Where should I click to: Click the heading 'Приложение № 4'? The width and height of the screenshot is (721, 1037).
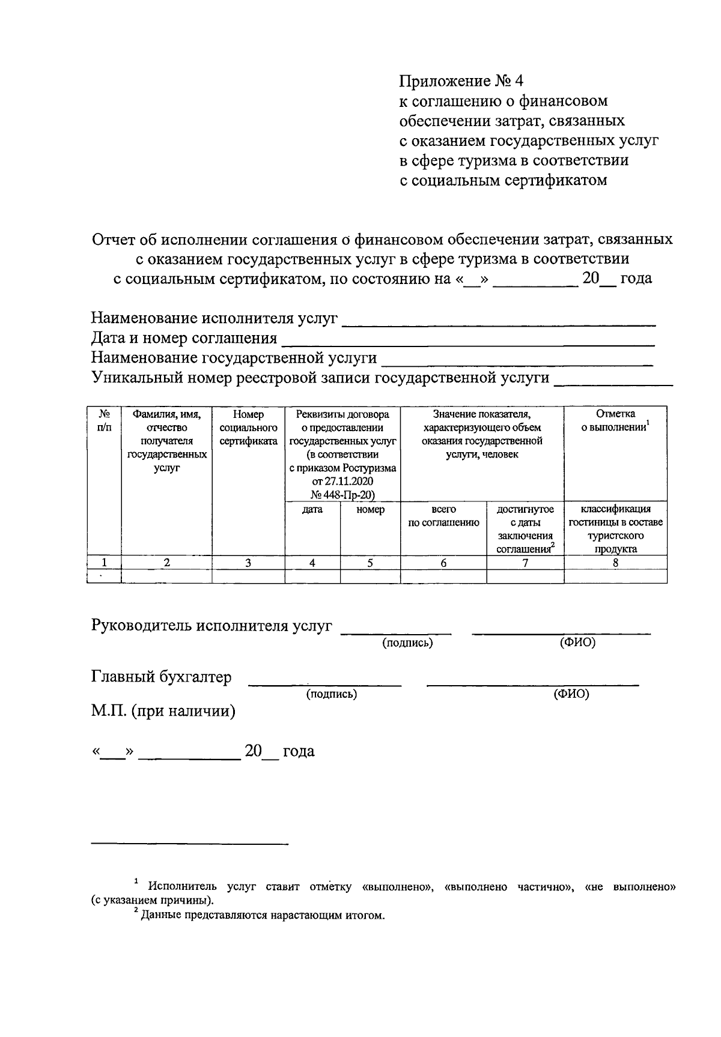click(x=461, y=81)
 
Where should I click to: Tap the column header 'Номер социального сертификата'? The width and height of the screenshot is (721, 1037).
click(x=248, y=428)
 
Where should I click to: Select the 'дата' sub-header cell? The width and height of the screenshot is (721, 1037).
click(x=312, y=509)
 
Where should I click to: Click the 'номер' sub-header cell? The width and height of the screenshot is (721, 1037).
click(x=370, y=509)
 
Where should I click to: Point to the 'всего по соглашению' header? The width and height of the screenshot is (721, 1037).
click(x=443, y=516)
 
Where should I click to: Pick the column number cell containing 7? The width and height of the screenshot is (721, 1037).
click(x=525, y=563)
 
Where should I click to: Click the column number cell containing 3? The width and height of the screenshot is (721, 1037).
click(x=248, y=563)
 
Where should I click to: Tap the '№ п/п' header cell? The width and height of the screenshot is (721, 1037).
click(x=104, y=420)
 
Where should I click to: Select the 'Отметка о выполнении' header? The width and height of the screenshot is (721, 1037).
click(x=615, y=420)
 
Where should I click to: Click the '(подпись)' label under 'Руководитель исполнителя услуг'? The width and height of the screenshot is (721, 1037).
click(x=407, y=643)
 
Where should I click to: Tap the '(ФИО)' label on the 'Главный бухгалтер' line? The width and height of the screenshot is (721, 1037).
click(x=571, y=694)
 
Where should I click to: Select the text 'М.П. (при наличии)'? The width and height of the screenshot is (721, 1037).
click(x=163, y=712)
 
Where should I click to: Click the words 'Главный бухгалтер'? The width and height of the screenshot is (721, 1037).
click(x=161, y=677)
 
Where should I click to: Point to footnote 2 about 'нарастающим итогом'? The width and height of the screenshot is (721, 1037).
click(x=258, y=916)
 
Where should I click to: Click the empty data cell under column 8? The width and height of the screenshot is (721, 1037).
click(x=615, y=576)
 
